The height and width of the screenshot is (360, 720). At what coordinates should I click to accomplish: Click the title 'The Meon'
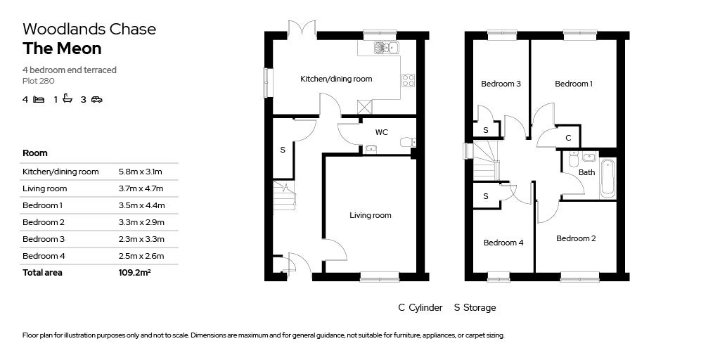click(62, 49)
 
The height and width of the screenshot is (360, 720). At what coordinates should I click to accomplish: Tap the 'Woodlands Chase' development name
click(89, 29)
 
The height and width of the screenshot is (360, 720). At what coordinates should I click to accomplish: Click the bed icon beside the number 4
click(39, 99)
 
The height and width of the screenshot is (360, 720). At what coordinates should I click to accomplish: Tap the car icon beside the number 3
click(96, 99)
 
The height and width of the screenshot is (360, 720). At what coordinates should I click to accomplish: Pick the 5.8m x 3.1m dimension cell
click(141, 172)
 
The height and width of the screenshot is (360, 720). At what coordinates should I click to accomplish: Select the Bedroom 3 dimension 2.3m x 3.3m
click(141, 239)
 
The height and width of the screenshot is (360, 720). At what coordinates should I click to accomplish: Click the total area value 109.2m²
click(134, 273)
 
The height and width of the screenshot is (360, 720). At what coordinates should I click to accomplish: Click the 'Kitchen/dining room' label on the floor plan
click(336, 79)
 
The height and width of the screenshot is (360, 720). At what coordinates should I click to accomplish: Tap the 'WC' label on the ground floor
click(381, 132)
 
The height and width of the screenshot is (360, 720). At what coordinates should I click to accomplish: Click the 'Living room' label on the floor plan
click(370, 215)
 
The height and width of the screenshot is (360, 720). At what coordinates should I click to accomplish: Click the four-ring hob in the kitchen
click(407, 80)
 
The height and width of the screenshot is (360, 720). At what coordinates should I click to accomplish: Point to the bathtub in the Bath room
click(607, 179)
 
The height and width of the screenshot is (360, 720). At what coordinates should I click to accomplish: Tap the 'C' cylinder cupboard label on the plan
click(567, 138)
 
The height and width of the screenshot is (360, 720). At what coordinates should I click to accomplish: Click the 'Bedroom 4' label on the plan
click(503, 243)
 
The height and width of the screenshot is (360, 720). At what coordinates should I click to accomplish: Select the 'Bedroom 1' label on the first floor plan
click(573, 84)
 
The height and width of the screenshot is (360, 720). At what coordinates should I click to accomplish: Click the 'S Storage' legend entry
click(475, 307)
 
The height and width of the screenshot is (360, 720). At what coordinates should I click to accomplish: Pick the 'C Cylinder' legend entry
click(420, 307)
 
